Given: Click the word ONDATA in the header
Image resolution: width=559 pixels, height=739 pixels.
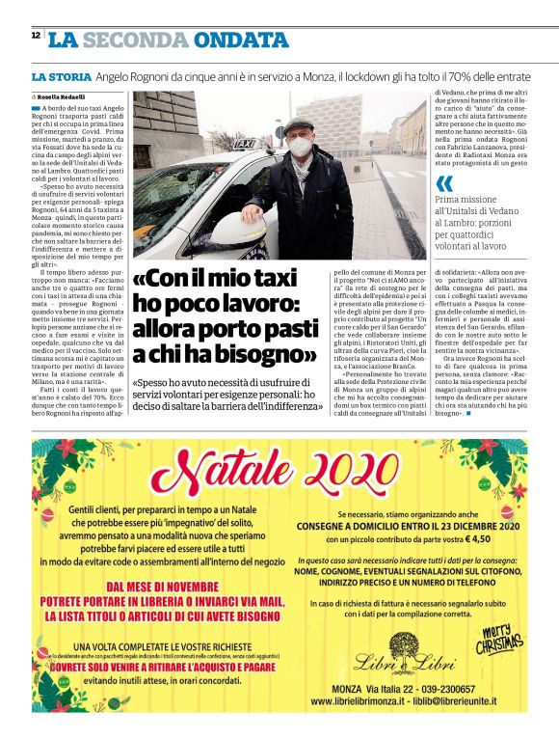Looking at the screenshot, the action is coord(240,40).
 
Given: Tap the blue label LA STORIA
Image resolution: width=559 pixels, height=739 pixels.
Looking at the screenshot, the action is coord(60,76).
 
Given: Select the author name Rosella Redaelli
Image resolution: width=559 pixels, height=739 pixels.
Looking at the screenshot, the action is coord(62,97).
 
